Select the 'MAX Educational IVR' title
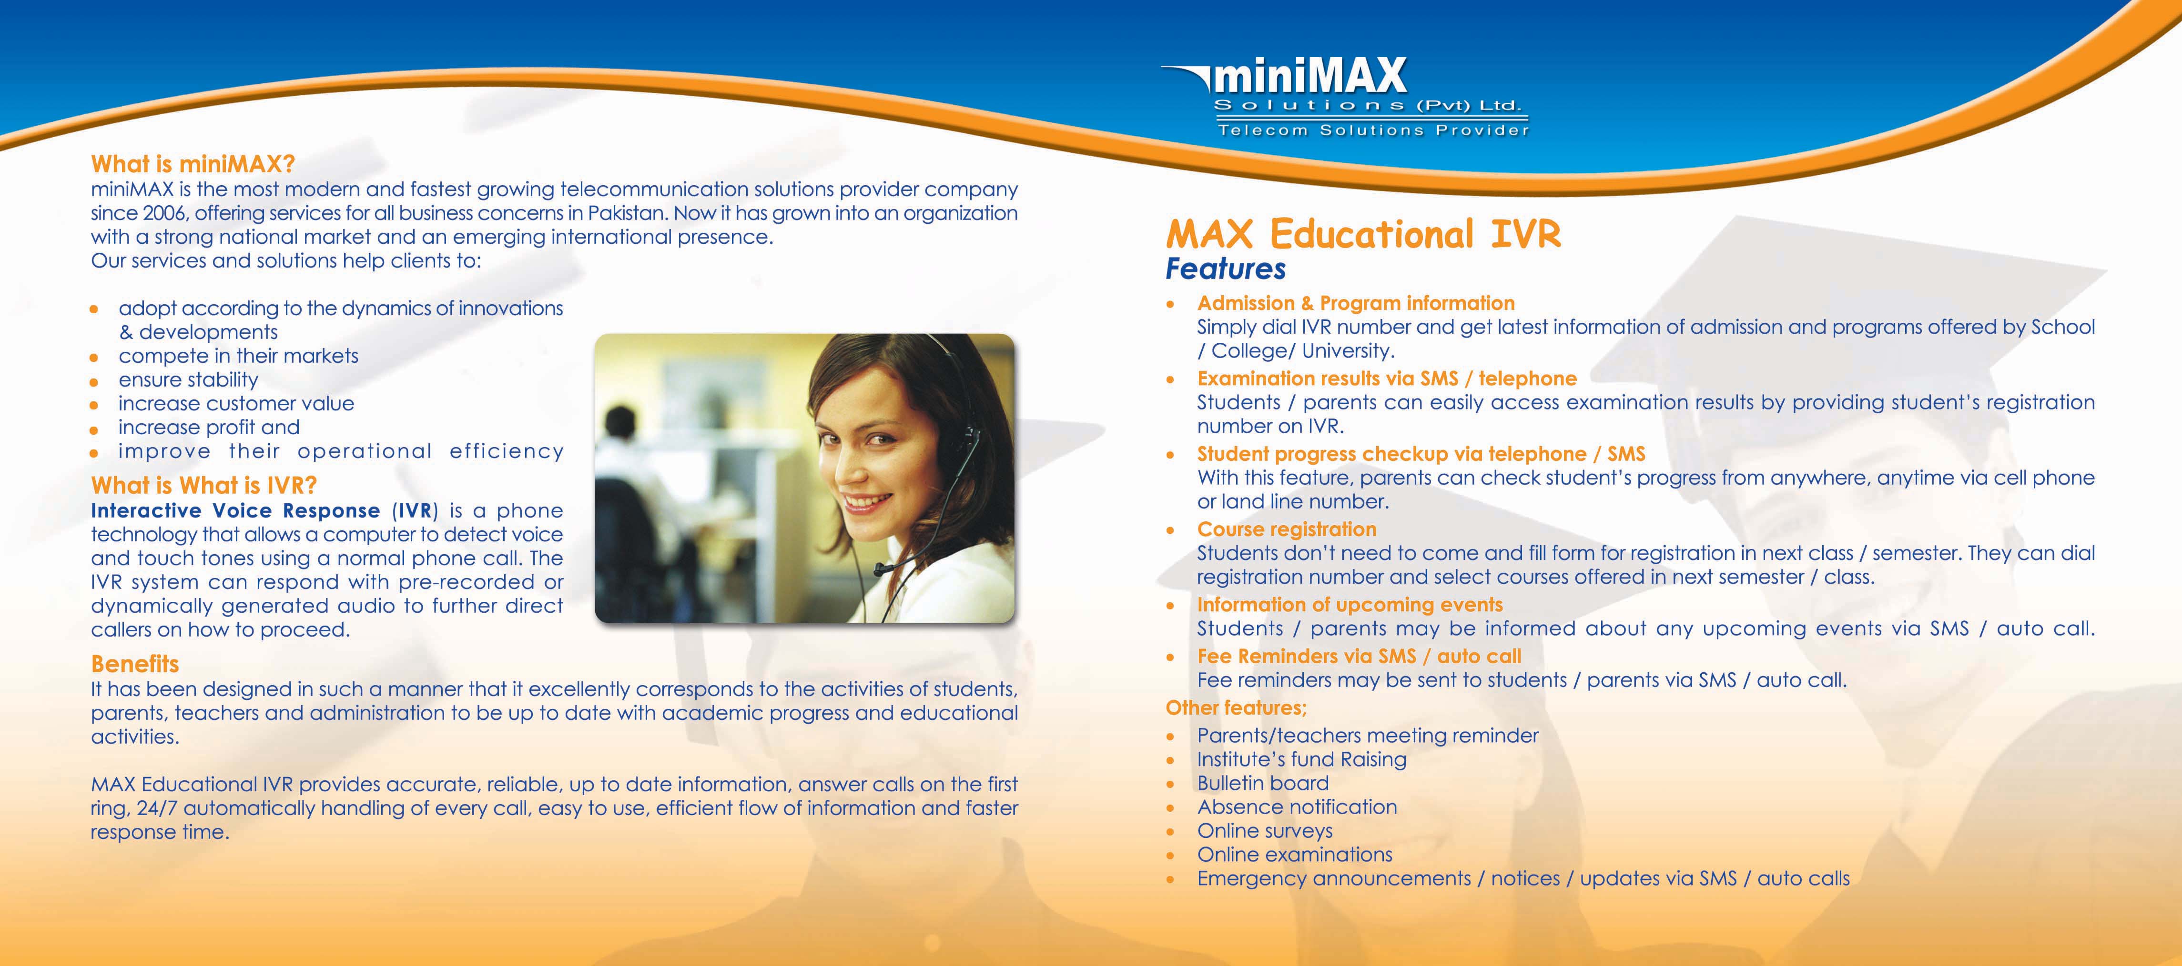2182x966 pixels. [1363, 234]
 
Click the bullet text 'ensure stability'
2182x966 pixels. [188, 379]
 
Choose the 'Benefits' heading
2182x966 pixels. [135, 664]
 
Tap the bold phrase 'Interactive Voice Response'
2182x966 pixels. [235, 510]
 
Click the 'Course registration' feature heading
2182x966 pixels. [1287, 529]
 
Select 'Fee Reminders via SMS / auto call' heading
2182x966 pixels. [1359, 656]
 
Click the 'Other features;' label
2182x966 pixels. [1236, 708]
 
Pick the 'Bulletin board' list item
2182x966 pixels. [1263, 783]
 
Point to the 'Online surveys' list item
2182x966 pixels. [1265, 830]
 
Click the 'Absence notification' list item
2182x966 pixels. [1297, 807]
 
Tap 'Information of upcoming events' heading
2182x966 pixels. [1350, 605]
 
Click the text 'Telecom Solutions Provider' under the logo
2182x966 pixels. [1373, 130]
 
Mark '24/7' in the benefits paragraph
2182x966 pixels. [157, 808]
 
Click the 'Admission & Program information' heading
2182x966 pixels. [1355, 303]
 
